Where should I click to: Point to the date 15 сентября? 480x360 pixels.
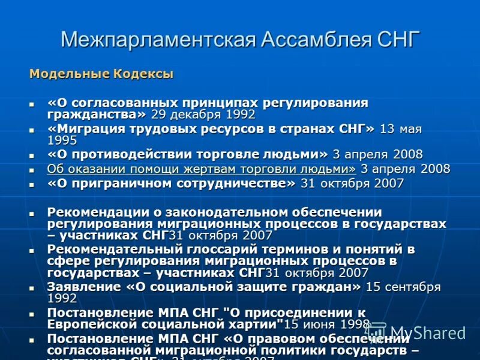click(403, 287)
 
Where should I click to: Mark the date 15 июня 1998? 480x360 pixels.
click(328, 325)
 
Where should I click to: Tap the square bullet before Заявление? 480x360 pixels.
click(33, 288)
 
